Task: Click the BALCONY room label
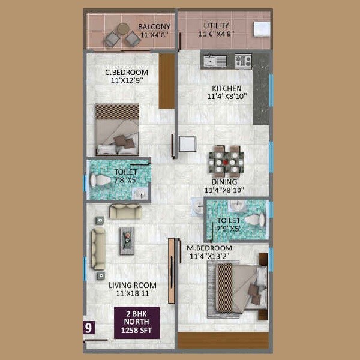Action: [154, 27]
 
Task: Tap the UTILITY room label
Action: [215, 26]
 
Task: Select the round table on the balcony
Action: [122, 28]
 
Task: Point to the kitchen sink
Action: [215, 61]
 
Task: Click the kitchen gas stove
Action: [243, 61]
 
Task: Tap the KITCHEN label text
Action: [226, 88]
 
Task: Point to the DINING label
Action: [224, 182]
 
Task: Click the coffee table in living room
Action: [127, 240]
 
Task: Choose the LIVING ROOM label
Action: [133, 285]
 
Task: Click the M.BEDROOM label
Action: [209, 248]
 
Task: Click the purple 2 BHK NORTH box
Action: [137, 322]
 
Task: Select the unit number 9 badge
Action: [89, 328]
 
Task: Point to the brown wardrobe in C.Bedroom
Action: [166, 80]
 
